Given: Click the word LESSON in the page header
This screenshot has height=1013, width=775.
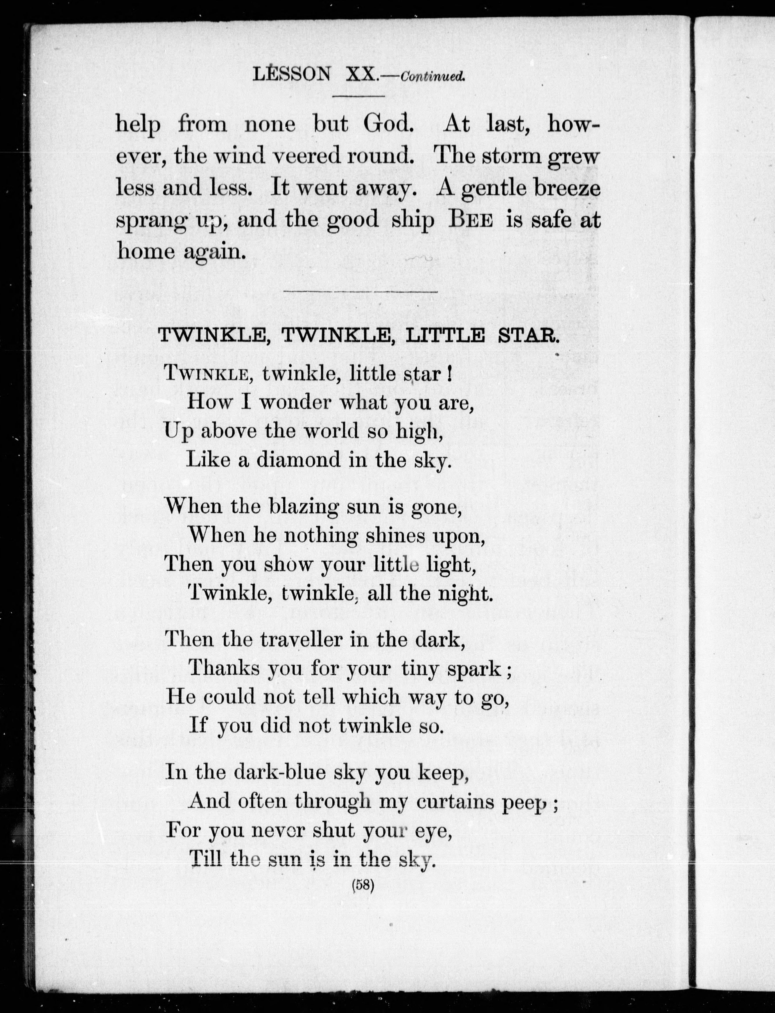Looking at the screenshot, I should [292, 74].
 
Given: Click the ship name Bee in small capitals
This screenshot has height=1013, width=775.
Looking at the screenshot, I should [471, 220].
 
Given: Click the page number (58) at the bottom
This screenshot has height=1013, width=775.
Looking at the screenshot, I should [363, 884].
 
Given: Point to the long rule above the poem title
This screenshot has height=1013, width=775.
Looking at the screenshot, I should [361, 292].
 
